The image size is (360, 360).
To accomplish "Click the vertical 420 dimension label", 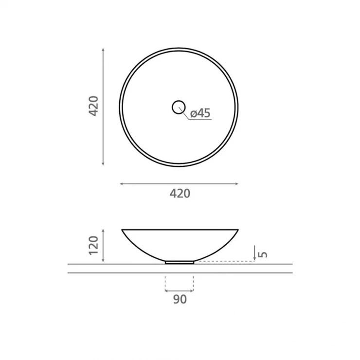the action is (93, 106).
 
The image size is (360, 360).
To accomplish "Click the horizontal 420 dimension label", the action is (180, 194).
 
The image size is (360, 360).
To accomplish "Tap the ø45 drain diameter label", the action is (200, 113).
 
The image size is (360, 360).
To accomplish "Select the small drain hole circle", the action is (179, 107).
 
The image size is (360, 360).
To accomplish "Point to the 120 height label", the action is (93, 245).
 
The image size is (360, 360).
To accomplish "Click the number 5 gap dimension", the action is (263, 254).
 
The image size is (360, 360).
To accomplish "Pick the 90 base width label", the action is (180, 299).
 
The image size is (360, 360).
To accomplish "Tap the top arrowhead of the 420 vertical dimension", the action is (103, 50).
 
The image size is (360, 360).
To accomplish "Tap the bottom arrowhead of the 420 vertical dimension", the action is (103, 163).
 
